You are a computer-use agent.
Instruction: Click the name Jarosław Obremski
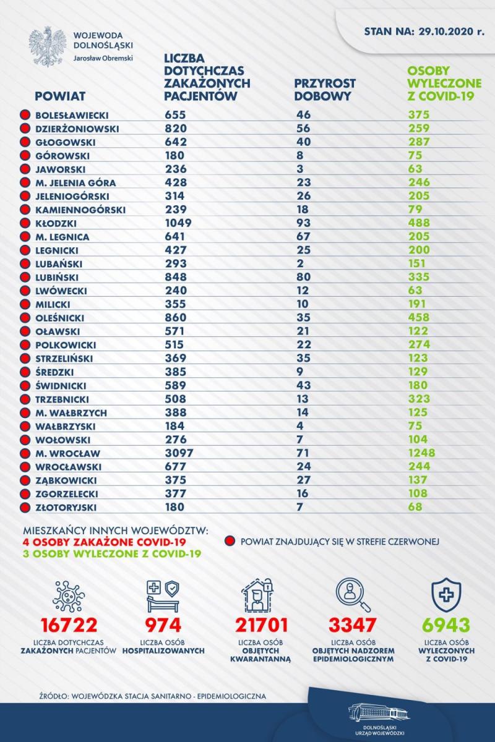point(103,58)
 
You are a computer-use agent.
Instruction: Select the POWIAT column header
point(60,96)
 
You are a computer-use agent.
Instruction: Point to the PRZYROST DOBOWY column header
point(325,90)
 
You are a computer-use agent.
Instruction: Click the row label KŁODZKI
point(56,223)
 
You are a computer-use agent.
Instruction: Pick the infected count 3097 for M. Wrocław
point(179,453)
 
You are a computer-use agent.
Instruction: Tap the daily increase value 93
point(304,223)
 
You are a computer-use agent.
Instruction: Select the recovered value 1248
point(421,453)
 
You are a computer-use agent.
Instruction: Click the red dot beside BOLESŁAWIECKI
point(25,115)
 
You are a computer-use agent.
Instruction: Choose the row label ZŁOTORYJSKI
point(66,508)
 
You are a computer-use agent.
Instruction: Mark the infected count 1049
point(178,223)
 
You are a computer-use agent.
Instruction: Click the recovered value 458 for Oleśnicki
point(419,317)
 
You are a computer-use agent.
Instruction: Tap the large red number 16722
point(69,625)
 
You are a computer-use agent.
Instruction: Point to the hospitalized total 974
point(163,625)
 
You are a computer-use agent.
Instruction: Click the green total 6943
point(446,625)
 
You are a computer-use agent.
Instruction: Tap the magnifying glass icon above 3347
point(353,595)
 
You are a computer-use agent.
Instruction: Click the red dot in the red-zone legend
point(230,541)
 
